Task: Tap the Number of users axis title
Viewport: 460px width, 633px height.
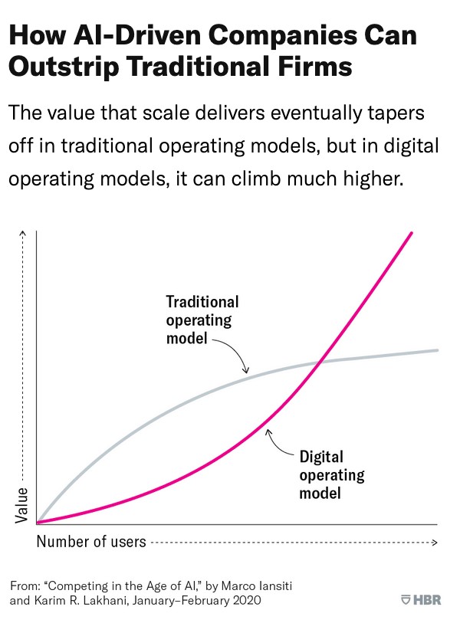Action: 91,542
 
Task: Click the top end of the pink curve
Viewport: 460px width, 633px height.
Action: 412,232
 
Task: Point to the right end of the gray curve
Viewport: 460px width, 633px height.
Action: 437,350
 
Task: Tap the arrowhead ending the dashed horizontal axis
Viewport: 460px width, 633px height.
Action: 434,542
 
